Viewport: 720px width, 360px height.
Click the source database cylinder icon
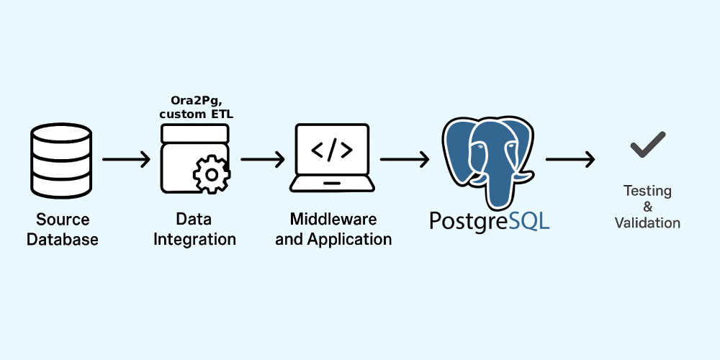click(61, 161)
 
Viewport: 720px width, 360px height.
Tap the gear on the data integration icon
click(212, 174)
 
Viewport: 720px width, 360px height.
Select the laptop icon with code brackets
click(332, 158)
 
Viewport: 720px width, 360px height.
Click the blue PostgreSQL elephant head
click(488, 161)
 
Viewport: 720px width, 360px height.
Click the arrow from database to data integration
click(126, 159)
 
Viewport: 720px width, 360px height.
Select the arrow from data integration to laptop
click(263, 159)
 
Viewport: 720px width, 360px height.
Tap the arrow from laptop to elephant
click(405, 159)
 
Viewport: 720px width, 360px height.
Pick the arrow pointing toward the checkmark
click(570, 159)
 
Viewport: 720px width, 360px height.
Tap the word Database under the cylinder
click(63, 239)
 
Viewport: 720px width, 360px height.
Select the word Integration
click(194, 239)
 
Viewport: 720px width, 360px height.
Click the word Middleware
click(333, 219)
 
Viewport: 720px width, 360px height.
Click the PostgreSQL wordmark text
click(490, 220)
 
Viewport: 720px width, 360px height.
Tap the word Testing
click(647, 191)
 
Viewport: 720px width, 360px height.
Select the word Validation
click(647, 223)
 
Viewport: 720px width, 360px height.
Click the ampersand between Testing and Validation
click(648, 207)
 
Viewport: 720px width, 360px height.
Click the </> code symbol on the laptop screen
click(332, 150)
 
